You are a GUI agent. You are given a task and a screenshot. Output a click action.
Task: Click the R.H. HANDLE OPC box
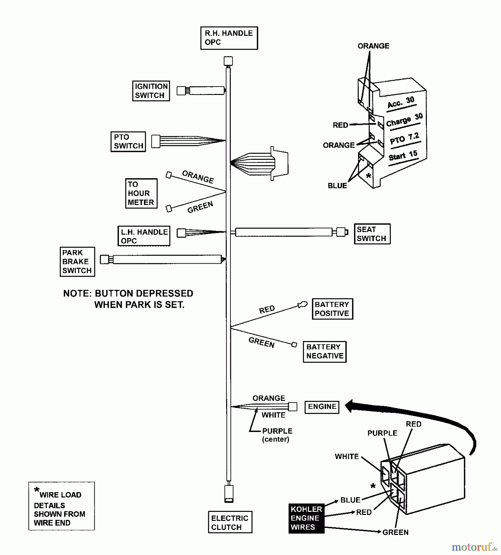229,38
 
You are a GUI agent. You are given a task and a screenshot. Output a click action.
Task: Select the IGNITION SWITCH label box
151,91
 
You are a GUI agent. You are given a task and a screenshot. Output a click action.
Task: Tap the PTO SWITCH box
128,142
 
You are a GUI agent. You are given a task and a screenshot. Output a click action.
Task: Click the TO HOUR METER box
141,193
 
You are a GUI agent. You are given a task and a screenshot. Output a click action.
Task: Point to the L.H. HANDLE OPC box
144,236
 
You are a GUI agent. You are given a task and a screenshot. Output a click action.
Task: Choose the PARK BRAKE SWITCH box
77,262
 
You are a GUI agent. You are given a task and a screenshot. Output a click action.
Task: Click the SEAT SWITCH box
372,234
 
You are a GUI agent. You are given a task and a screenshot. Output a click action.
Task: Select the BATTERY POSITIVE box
332,309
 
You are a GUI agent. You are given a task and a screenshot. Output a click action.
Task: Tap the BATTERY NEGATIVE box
324,351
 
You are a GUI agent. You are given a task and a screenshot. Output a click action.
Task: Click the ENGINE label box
322,407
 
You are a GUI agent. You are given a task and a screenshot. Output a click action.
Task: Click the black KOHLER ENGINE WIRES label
306,518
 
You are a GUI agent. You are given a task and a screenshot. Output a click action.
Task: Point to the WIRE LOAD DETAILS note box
61,506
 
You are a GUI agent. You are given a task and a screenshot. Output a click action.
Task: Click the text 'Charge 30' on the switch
404,120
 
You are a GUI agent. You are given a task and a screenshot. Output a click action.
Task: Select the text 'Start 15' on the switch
403,156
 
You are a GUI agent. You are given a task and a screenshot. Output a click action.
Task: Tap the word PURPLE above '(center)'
277,431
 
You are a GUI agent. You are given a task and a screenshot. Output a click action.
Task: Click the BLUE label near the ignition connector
337,186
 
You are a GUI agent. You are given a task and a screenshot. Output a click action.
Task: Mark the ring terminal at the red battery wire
303,305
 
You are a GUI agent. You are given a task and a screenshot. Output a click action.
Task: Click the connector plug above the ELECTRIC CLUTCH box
229,493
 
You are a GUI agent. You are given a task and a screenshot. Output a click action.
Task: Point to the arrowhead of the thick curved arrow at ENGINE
349,406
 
